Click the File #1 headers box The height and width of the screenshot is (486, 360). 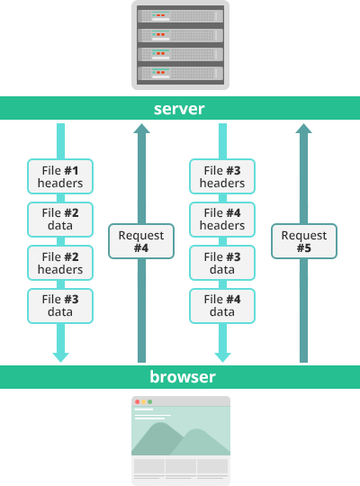(x=60, y=176)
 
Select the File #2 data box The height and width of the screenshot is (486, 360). (x=60, y=220)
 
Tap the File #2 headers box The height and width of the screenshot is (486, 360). (x=60, y=263)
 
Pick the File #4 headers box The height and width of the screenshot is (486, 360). (x=222, y=220)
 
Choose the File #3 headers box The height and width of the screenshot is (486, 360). (x=222, y=176)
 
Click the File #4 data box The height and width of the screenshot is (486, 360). (x=222, y=306)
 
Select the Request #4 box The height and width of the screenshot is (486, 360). (x=141, y=241)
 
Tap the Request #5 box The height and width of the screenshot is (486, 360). (x=304, y=241)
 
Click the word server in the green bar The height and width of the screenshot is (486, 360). (x=179, y=109)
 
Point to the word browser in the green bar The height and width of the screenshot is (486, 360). (x=183, y=376)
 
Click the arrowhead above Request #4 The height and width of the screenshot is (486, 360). (x=141, y=129)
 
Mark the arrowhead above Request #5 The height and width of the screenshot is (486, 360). (x=303, y=129)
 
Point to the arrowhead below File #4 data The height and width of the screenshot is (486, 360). (x=222, y=357)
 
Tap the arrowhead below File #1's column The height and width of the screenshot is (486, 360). (x=61, y=357)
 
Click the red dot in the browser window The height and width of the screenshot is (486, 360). (x=138, y=402)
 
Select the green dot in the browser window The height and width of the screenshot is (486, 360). (x=149, y=402)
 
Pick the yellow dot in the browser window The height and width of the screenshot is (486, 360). (x=144, y=402)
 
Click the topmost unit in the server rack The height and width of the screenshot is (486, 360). (x=181, y=16)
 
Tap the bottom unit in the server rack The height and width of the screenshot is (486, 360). (x=181, y=74)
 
